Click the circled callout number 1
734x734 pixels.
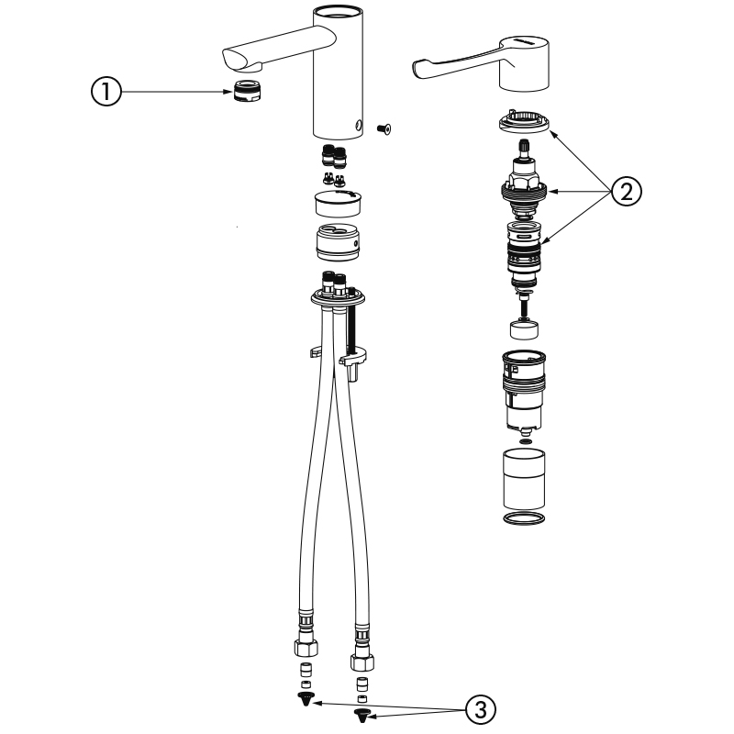(x=106, y=91)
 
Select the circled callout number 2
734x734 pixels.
(x=627, y=191)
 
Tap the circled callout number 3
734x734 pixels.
(x=480, y=709)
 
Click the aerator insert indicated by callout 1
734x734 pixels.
(x=247, y=90)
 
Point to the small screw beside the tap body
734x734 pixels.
(x=384, y=128)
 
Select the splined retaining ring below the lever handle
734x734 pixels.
(x=524, y=122)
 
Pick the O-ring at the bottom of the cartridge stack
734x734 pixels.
(x=524, y=517)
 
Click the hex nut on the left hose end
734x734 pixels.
(x=306, y=647)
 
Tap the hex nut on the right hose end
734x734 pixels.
(x=362, y=662)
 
